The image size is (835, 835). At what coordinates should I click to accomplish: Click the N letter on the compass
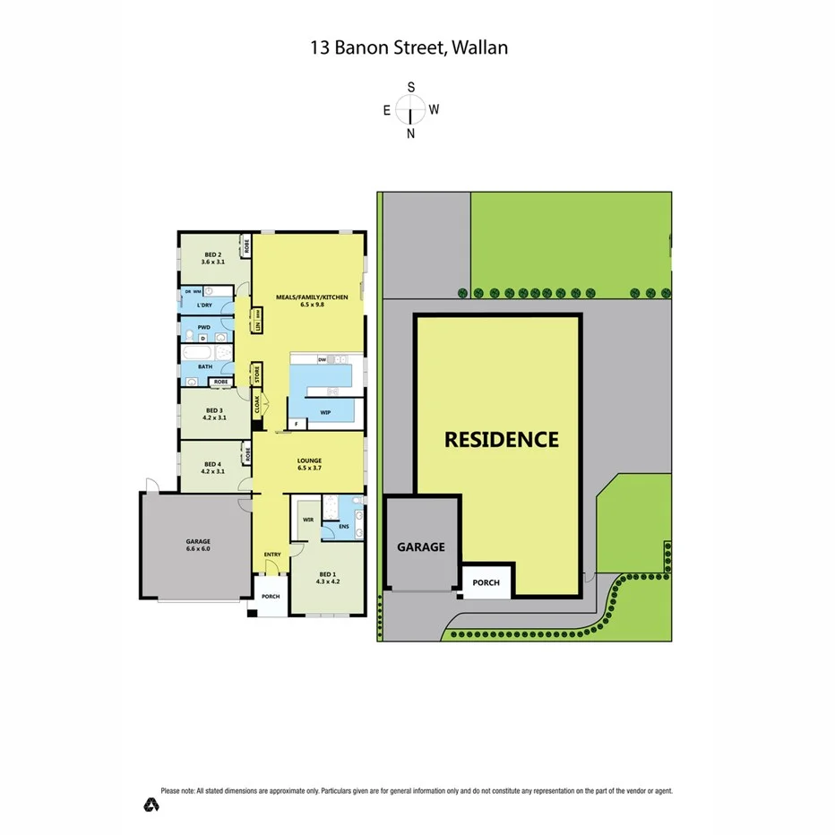411,134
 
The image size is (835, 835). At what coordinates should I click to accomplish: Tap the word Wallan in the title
478,47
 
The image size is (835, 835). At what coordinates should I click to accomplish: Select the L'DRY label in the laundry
203,306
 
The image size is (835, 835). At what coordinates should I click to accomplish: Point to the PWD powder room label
204,327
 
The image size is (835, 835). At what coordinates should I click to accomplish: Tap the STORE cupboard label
256,374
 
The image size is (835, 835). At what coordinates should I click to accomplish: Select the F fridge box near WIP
297,424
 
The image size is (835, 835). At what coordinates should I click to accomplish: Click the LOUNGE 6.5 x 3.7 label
310,464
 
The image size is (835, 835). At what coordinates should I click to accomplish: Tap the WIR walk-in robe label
307,519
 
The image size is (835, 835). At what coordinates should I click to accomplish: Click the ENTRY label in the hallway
272,555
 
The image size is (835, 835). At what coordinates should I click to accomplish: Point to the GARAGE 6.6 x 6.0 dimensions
198,548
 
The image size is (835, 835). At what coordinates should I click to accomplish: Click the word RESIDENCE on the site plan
502,440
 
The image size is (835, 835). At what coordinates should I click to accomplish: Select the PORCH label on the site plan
486,582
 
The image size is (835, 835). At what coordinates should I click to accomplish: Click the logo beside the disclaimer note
151,805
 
